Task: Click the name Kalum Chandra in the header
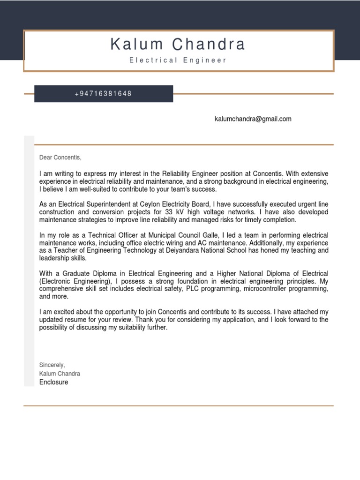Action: coord(178,45)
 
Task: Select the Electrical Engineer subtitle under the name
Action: coord(178,60)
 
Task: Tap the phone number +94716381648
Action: coord(103,94)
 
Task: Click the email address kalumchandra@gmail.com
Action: coord(253,119)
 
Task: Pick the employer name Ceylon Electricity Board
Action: coord(176,205)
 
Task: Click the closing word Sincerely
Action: coord(52,365)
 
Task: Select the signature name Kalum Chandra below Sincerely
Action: coord(60,374)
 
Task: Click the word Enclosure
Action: coord(53,382)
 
